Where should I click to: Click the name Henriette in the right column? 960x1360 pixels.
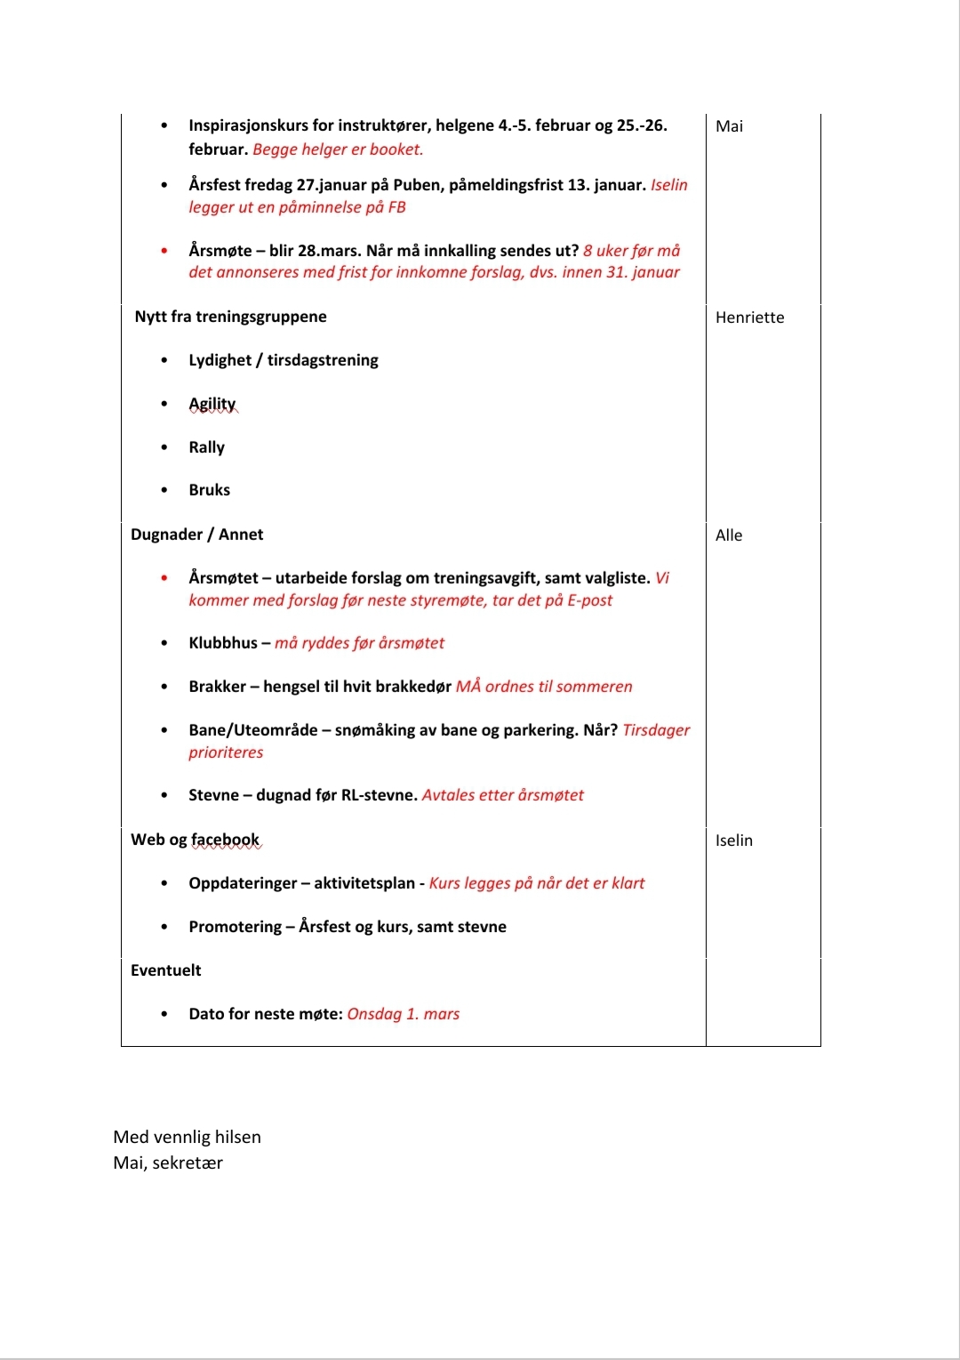click(749, 318)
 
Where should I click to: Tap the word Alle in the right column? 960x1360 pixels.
click(728, 535)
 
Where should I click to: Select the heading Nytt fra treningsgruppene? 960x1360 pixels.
click(230, 317)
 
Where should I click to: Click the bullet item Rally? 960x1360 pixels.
click(206, 447)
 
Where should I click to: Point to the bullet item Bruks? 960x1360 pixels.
click(209, 490)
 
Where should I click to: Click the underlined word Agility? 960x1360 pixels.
click(212, 404)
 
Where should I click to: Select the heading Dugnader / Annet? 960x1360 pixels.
click(196, 535)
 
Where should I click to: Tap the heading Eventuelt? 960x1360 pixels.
click(165, 970)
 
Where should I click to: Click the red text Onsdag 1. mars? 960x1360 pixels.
click(403, 1014)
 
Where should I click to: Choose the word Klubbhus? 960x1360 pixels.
click(222, 643)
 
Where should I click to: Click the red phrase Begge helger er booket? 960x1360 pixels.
click(338, 149)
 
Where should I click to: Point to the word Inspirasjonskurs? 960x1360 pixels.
click(248, 125)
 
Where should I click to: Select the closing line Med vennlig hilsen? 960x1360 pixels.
click(187, 1137)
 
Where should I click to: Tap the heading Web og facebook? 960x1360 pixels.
click(195, 840)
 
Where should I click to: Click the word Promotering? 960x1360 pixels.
click(235, 927)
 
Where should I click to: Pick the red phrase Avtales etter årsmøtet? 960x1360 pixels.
click(502, 795)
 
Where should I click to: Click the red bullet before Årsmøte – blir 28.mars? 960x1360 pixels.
click(164, 251)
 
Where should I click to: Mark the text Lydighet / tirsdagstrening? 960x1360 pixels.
click(283, 360)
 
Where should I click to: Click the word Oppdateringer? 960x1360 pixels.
click(243, 883)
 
